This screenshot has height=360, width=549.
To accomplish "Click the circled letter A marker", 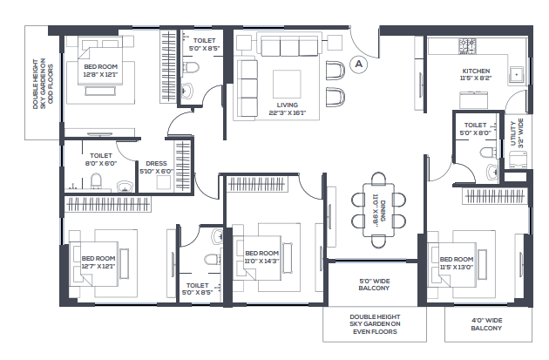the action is [x=358, y=65].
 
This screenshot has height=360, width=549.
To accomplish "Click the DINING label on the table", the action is [x=379, y=211].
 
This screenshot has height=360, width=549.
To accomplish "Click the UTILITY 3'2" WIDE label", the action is [x=517, y=133].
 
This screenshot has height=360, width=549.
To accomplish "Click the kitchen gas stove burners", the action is [x=467, y=46].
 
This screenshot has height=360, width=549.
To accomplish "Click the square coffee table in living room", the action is [x=287, y=84].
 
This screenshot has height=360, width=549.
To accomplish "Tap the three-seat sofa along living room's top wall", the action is [x=289, y=44].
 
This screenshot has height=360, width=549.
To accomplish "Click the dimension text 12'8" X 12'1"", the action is [x=100, y=75].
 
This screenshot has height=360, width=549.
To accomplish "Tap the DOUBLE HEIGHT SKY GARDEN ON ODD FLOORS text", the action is [x=44, y=84].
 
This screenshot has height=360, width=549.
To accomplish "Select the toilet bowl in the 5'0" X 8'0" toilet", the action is [x=487, y=153].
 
